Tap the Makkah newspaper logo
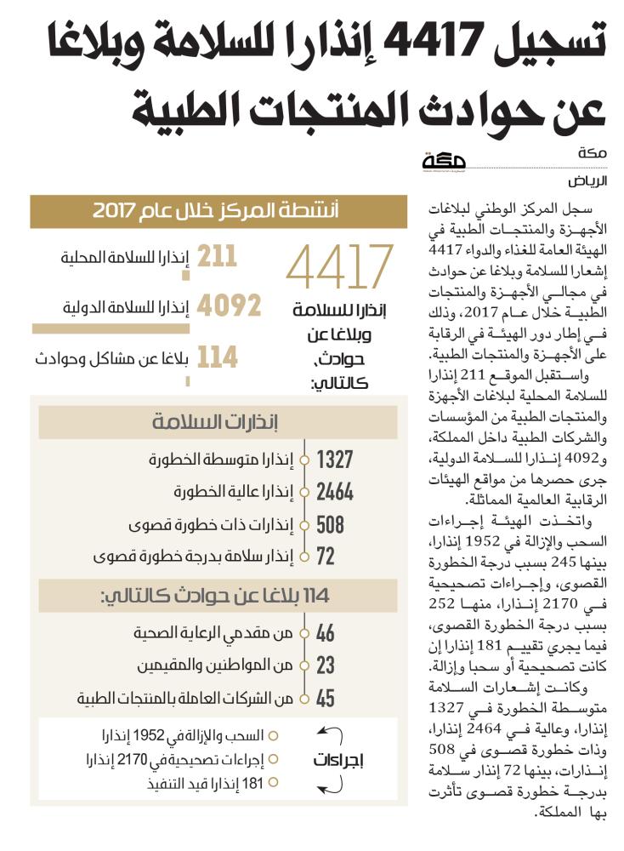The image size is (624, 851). point(452,162)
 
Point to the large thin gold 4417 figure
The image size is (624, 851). point(340,266)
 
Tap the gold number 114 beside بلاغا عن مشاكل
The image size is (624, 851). point(218,357)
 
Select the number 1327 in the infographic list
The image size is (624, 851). point(334,461)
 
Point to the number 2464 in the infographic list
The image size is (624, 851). point(334,493)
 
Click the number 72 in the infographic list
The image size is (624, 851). point(326,556)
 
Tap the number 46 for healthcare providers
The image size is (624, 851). point(326,634)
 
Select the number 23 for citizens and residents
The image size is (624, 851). point(326,666)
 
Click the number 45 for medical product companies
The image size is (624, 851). point(326,699)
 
